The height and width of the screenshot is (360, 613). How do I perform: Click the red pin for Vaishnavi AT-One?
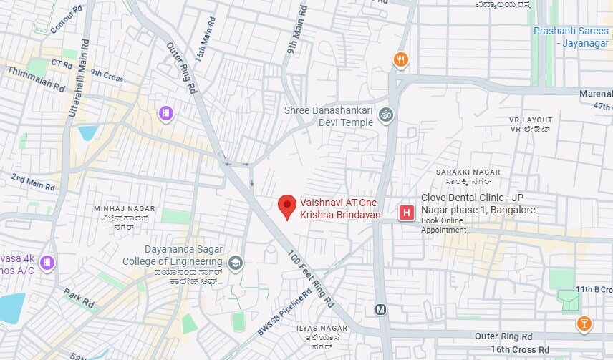click(x=287, y=206)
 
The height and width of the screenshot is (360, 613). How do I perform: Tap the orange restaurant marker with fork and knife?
click(x=402, y=60)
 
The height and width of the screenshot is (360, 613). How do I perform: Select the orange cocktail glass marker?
click(x=584, y=324)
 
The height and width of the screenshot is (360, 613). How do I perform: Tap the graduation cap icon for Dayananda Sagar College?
click(x=235, y=264)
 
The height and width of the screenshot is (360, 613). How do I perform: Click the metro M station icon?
click(x=380, y=310)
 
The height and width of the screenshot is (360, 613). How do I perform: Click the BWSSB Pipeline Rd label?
click(x=284, y=312)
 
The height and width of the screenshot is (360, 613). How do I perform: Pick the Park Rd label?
click(x=79, y=297)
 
